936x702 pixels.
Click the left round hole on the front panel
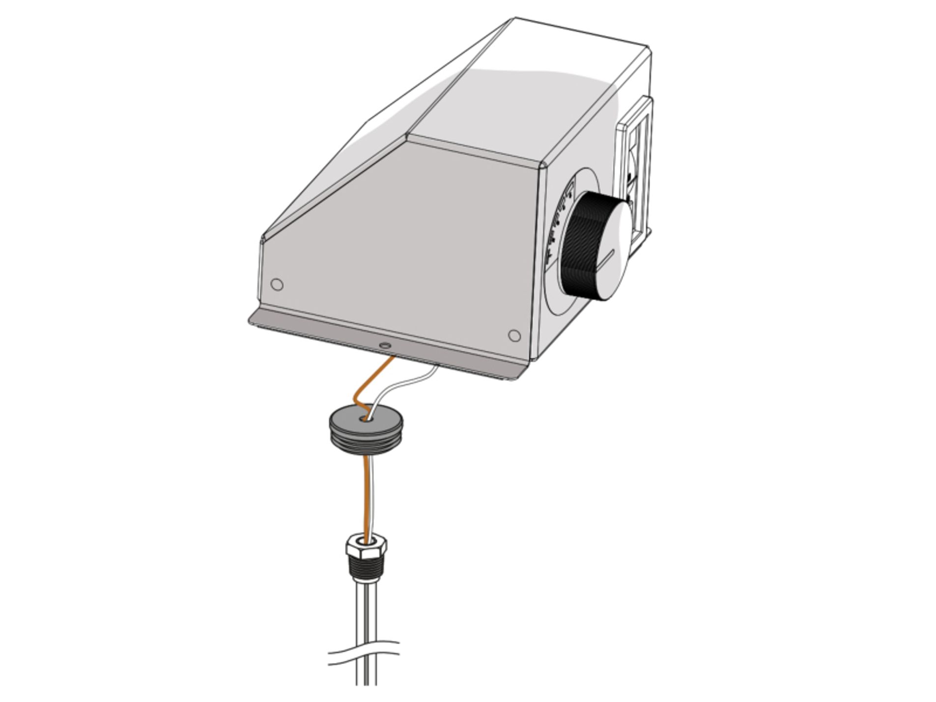click(x=277, y=284)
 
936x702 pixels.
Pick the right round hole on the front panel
click(x=514, y=336)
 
